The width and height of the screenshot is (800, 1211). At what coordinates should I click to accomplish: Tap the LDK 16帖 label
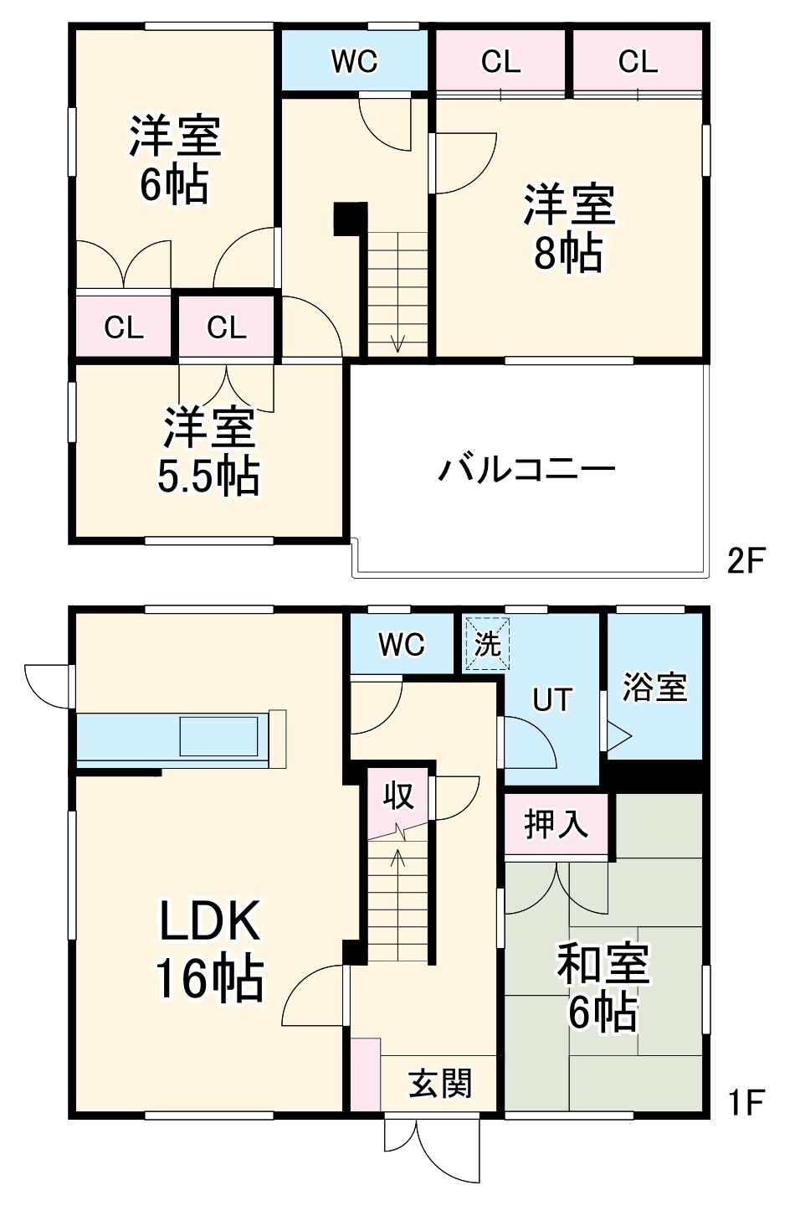click(x=210, y=950)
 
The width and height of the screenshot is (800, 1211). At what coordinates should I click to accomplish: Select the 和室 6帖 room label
click(x=603, y=987)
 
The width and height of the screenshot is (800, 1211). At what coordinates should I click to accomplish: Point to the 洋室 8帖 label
click(x=569, y=229)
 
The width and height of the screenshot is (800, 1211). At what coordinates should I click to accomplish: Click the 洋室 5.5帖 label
click(x=208, y=451)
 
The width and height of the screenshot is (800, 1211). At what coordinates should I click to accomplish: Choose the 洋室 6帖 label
click(x=174, y=160)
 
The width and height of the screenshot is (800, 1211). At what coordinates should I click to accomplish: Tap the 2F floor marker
click(x=746, y=560)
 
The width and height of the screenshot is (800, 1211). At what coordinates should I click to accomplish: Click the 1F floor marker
click(x=746, y=1103)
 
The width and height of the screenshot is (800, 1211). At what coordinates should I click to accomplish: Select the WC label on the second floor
click(x=354, y=61)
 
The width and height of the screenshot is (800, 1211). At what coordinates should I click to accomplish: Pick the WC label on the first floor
click(x=402, y=644)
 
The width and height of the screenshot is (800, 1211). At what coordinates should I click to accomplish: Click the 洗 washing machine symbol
click(x=487, y=644)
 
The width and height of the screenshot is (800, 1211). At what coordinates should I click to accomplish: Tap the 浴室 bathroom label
click(x=654, y=687)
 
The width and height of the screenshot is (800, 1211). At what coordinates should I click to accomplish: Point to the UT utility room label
click(x=552, y=699)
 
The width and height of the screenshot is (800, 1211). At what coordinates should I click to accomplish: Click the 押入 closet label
click(x=556, y=825)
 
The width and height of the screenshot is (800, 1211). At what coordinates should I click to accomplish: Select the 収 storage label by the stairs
click(x=398, y=796)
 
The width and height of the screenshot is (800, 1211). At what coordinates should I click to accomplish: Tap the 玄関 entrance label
click(x=440, y=1084)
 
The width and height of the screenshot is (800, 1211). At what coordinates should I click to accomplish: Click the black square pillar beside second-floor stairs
click(x=350, y=219)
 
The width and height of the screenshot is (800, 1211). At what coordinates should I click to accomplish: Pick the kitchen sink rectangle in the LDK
click(x=219, y=737)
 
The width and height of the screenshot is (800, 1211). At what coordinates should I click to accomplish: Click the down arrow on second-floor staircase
click(x=397, y=342)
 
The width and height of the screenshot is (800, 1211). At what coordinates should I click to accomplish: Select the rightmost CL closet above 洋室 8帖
click(x=638, y=61)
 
